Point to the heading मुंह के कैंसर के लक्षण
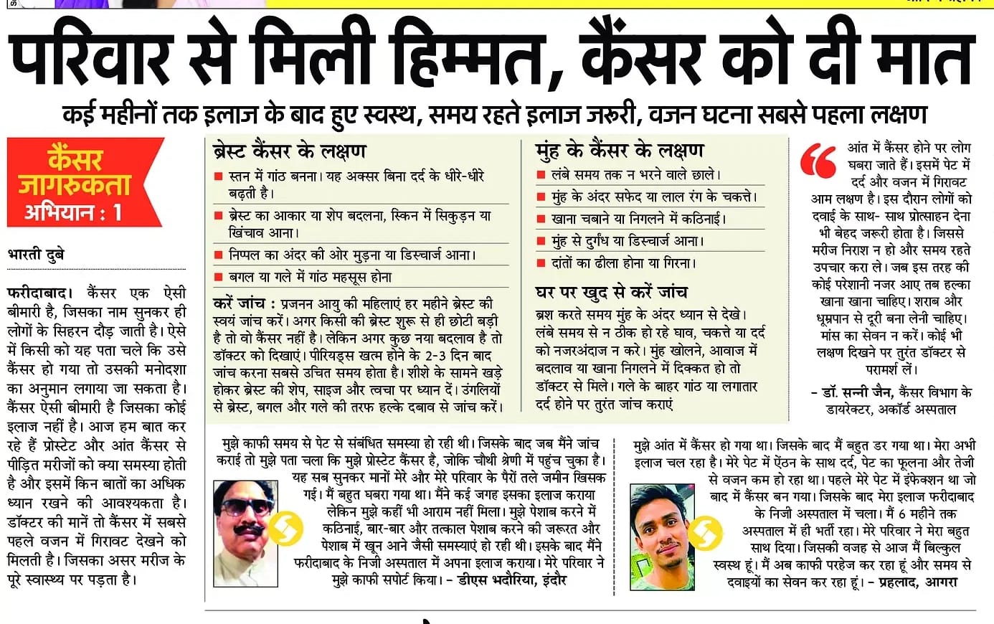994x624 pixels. point(620,151)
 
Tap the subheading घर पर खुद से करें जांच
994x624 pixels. point(611,292)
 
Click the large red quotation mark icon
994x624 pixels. point(818,161)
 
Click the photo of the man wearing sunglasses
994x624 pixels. point(245,534)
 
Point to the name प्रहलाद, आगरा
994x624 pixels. point(913,582)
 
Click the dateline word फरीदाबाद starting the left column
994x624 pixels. point(38,293)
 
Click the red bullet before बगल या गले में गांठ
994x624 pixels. point(219,278)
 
